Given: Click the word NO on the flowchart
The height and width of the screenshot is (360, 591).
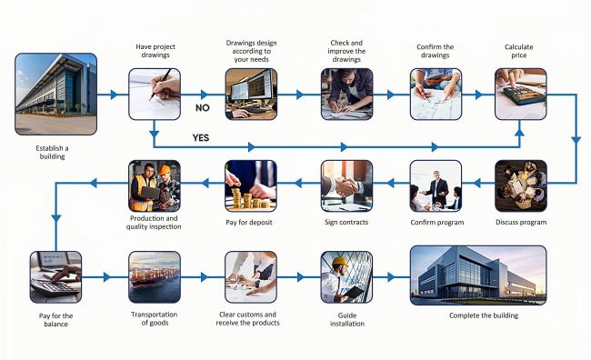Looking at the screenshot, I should [x=204, y=107].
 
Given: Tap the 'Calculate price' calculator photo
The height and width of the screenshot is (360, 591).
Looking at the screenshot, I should [x=520, y=95].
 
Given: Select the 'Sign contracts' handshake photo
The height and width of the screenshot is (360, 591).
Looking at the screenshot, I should [x=346, y=185].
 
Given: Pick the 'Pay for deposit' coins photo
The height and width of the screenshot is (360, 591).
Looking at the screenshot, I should [x=250, y=185].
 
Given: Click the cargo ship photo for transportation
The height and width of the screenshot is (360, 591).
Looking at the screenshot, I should [x=154, y=276].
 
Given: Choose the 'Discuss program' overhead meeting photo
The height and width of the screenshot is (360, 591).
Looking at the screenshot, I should [x=520, y=185].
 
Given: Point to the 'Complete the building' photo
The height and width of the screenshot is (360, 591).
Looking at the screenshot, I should [x=478, y=275].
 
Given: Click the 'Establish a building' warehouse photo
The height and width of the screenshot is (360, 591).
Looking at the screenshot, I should [x=55, y=95].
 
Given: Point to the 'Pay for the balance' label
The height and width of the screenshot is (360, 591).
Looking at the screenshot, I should [x=55, y=320].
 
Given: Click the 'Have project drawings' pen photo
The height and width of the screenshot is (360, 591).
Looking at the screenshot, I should [x=154, y=95].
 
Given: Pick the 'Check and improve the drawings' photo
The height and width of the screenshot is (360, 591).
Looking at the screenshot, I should [x=346, y=95].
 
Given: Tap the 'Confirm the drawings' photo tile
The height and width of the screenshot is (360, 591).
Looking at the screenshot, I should [x=436, y=95].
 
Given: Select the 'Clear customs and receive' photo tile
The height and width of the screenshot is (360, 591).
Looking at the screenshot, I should [x=250, y=276].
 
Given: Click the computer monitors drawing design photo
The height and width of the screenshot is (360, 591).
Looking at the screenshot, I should [x=250, y=95].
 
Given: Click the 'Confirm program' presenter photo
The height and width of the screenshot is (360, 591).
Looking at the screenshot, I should [x=436, y=185].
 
